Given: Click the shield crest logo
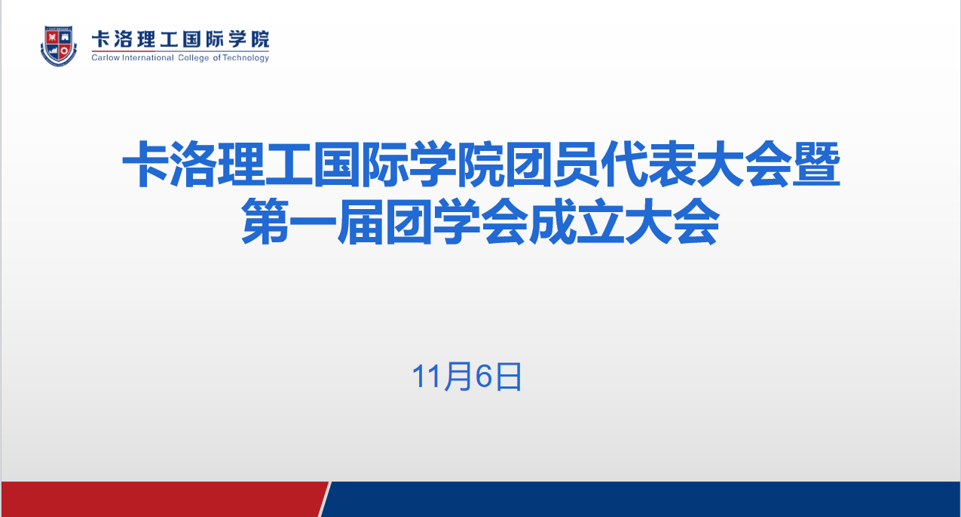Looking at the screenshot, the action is click(59, 46).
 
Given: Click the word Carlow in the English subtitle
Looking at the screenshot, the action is click(105, 57).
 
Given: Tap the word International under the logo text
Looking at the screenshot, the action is click(148, 57).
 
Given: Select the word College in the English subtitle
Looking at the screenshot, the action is click(194, 58).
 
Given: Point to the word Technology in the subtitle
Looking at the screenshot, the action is click(246, 58).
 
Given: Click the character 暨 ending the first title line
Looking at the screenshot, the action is click(816, 165).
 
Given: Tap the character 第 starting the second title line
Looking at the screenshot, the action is click(265, 222).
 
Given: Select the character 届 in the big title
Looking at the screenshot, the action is click(360, 222).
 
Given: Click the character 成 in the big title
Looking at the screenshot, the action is click(552, 222).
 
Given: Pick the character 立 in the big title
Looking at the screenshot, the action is click(600, 222).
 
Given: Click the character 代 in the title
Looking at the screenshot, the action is click(624, 165).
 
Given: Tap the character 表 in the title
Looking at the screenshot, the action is click(672, 165).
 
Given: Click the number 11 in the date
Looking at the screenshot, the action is click(427, 377).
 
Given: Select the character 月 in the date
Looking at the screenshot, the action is click(458, 377).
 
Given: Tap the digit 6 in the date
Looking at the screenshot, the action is click(483, 377).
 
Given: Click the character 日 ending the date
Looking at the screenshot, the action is click(508, 377).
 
